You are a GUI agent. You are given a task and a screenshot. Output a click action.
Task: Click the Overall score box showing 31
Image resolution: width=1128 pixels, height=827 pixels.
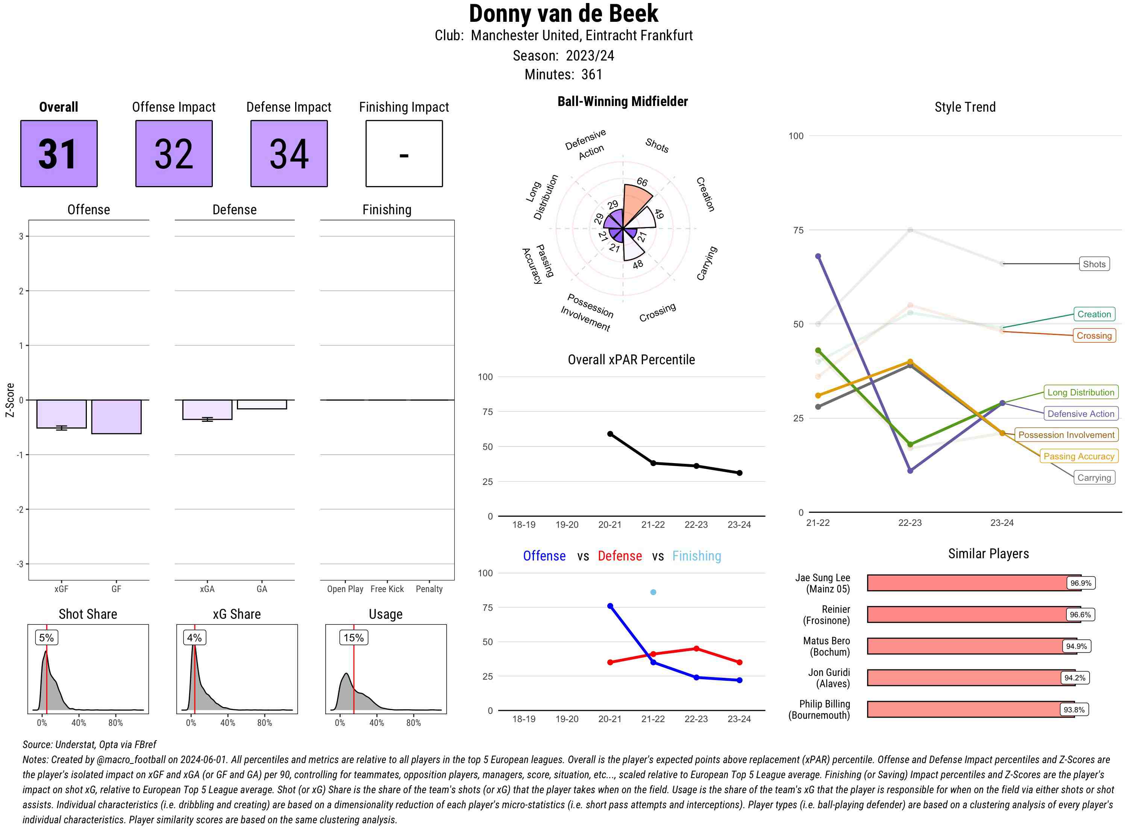[59, 154]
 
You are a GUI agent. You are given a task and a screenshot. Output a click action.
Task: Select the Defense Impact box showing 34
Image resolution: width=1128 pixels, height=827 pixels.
[289, 154]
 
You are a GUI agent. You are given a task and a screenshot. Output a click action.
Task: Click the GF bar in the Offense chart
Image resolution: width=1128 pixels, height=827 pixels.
[116, 417]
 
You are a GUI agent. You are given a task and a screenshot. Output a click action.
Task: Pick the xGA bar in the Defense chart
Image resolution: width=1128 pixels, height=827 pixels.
[207, 409]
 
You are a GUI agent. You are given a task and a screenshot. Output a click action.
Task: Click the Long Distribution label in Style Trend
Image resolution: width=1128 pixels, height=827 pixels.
[1081, 392]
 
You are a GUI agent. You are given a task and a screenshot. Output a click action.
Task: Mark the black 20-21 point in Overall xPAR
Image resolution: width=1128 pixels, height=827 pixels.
[610, 434]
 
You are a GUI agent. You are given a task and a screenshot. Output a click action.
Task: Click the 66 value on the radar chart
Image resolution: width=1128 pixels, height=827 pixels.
[642, 182]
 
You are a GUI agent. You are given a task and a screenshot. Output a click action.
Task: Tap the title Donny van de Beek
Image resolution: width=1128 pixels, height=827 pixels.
[563, 14]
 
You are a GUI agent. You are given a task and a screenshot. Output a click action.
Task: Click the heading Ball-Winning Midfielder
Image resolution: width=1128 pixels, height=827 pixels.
[622, 101]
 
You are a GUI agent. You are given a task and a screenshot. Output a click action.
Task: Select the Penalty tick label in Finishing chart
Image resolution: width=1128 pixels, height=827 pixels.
[429, 589]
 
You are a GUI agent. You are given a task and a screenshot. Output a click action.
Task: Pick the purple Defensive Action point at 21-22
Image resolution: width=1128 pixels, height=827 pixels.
[818, 256]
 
